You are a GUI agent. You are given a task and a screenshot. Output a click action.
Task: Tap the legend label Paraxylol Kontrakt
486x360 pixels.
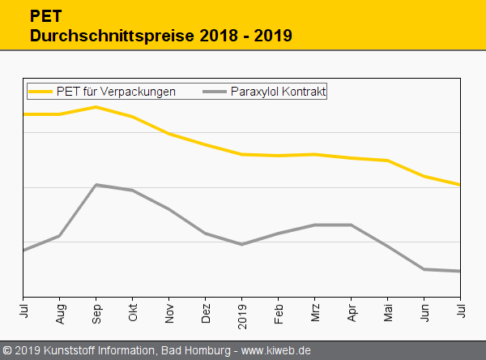coord(278,92)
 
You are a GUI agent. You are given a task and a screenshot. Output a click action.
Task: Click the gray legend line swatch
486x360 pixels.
coord(214,92)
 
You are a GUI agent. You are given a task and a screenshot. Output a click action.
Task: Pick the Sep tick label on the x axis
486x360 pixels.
coord(96,313)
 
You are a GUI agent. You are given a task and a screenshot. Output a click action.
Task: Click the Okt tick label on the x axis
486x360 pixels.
coord(133,313)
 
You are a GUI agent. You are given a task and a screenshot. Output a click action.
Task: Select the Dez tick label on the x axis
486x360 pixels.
coord(206,313)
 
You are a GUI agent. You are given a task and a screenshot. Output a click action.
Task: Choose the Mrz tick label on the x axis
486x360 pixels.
coord(315,313)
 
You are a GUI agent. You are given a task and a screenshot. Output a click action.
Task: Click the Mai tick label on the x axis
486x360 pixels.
coord(388,313)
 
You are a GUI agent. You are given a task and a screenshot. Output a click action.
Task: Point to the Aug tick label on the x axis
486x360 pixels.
coord(60,313)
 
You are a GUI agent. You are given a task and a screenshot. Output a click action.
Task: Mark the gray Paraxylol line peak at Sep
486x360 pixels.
coord(96,185)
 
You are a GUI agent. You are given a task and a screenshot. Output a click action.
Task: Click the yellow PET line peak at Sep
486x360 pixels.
coord(96,107)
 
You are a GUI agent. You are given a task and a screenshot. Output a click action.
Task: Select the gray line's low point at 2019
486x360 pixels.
coord(242,244)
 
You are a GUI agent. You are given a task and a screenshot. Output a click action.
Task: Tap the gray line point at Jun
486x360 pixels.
coord(424,269)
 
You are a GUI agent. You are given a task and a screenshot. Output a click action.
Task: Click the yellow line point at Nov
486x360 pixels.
coord(169,133)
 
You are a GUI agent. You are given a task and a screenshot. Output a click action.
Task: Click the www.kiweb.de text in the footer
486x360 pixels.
coord(276,351)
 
